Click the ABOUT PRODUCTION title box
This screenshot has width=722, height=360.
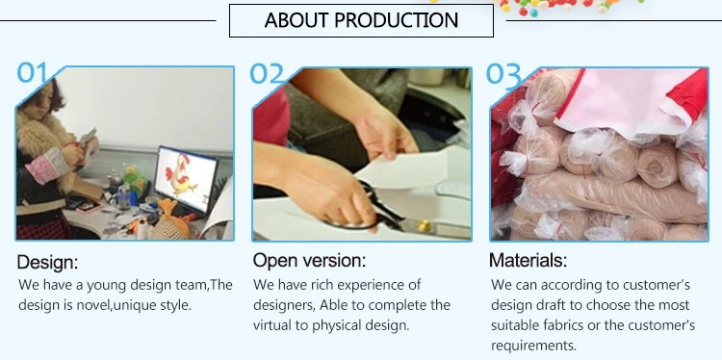tap(361, 21)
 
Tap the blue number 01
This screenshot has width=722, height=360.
tap(32, 72)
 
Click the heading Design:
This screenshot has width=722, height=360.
tap(47, 262)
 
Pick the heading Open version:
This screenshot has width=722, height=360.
tap(309, 260)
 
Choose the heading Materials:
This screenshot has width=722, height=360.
tap(528, 260)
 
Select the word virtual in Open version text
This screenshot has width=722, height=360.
tap(272, 325)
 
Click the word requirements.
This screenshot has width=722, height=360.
tap(533, 346)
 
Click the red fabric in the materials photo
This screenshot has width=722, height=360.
tap(689, 95)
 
